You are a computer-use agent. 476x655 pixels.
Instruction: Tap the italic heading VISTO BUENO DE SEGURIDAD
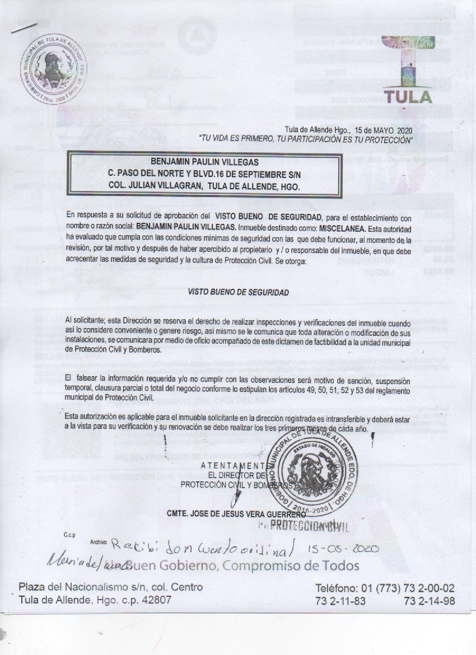[x=239, y=292]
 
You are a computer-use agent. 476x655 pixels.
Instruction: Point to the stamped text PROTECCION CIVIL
[x=309, y=526]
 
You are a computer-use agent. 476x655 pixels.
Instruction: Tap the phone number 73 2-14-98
[x=429, y=601]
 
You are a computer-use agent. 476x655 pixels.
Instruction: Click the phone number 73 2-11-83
[x=338, y=601]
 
